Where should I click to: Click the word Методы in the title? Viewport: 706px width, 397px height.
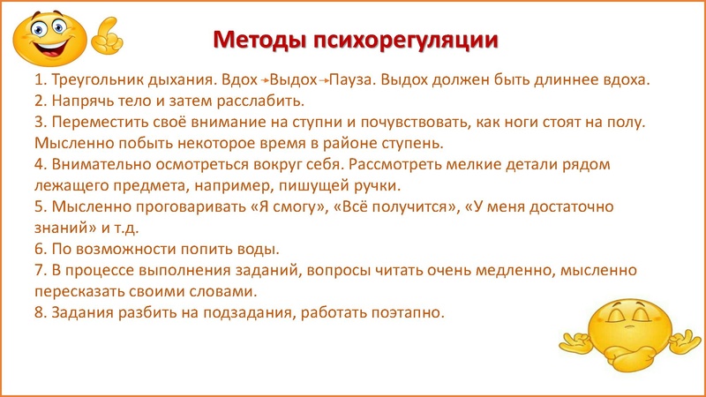pos(255,41)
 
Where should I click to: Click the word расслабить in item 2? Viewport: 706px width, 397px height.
pos(265,100)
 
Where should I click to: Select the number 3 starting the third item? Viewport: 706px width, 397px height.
pos(39,122)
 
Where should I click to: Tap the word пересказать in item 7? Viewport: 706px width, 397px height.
pos(79,291)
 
